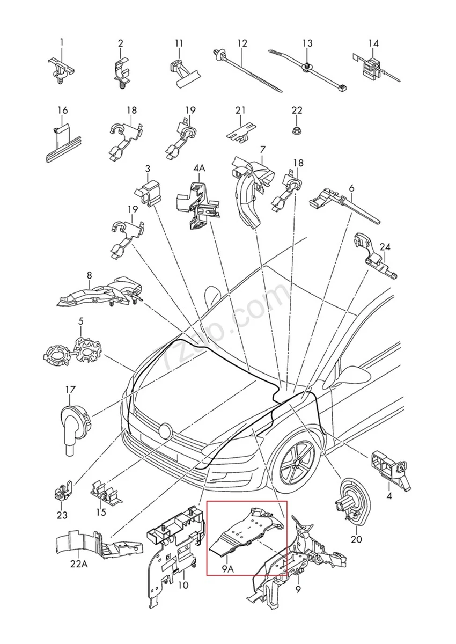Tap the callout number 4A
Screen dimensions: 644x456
point(199,169)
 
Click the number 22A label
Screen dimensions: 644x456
point(79,564)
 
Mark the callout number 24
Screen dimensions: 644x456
point(385,247)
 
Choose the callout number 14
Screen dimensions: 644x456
point(373,43)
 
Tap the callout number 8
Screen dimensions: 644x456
point(89,275)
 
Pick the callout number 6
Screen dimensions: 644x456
point(351,188)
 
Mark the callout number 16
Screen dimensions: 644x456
point(62,111)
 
